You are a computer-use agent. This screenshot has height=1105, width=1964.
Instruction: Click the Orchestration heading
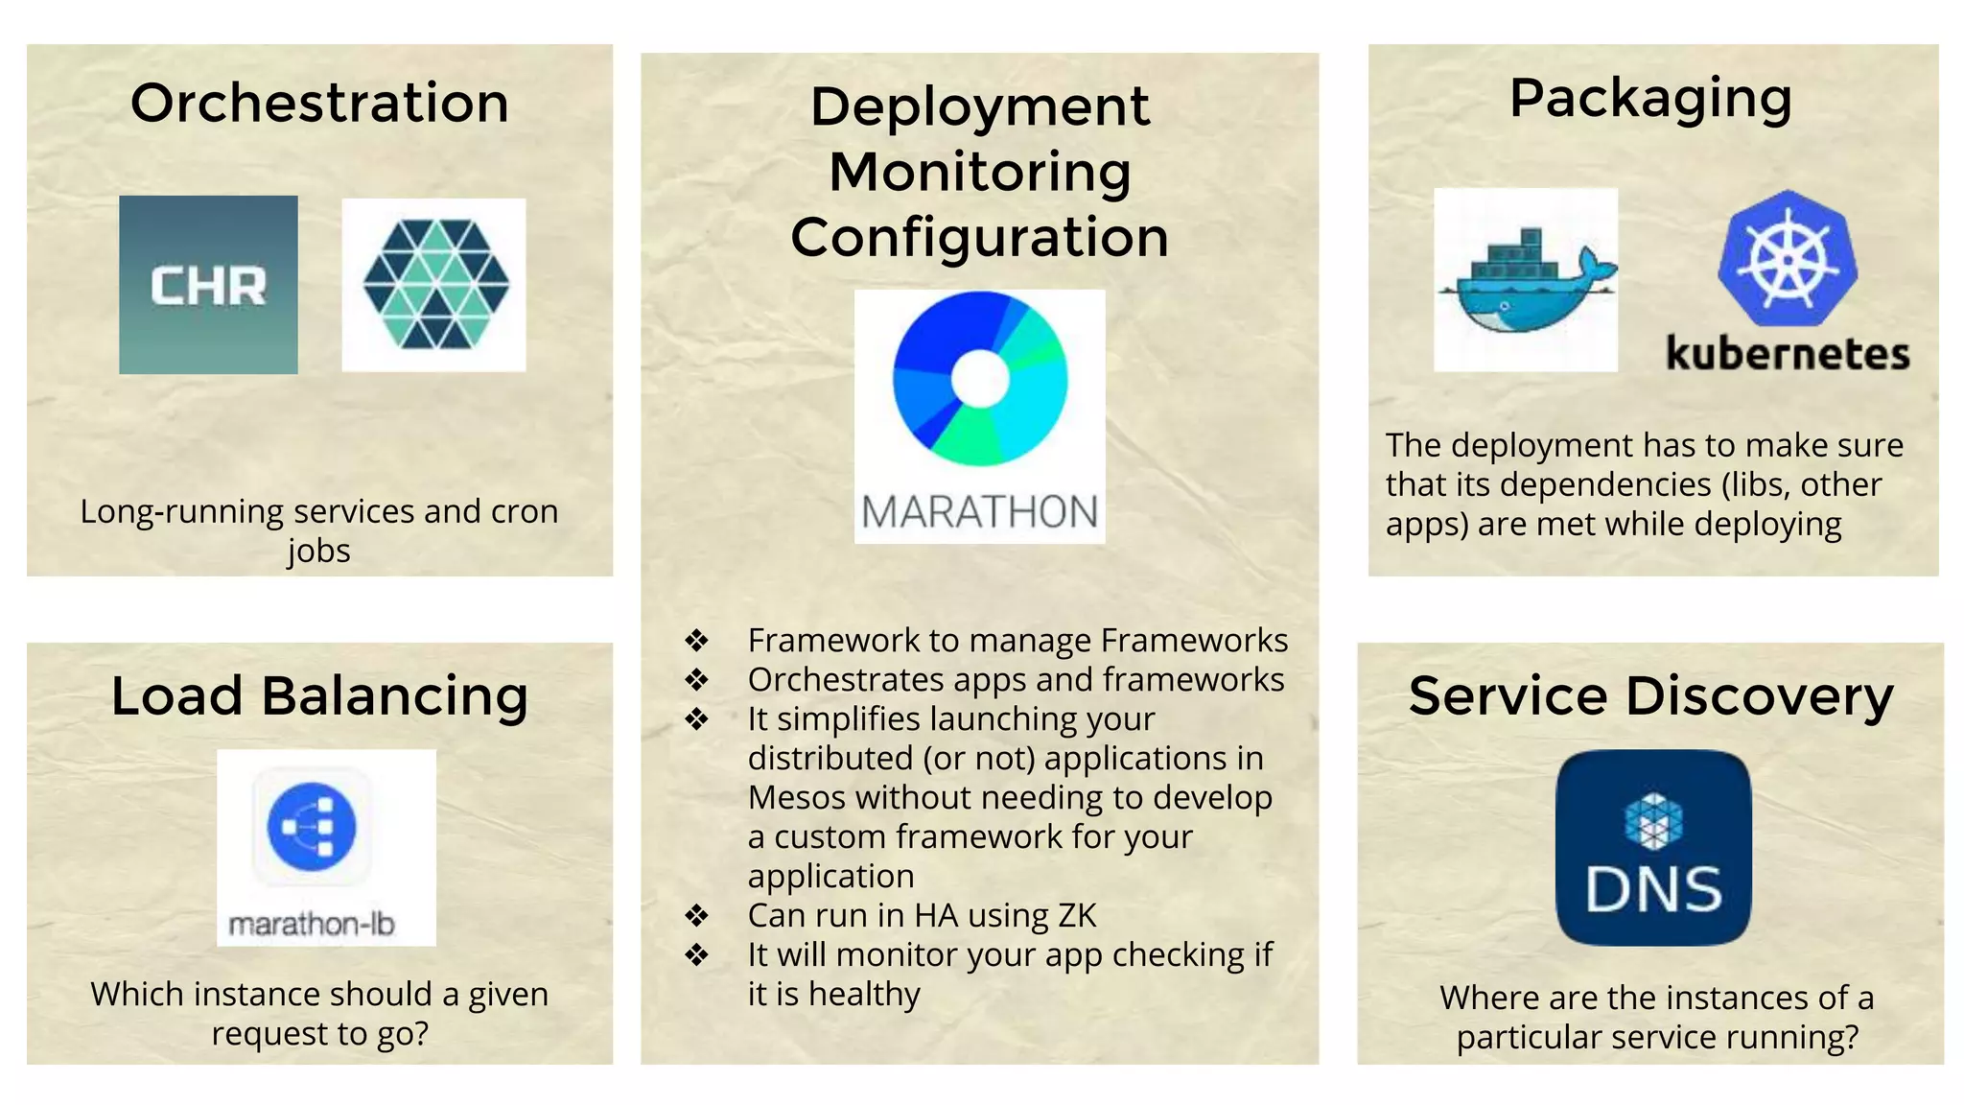click(319, 104)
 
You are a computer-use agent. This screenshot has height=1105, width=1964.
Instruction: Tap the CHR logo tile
click(208, 285)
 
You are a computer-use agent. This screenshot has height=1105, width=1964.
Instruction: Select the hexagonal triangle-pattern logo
click(435, 285)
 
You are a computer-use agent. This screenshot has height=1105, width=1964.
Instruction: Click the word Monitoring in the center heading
click(979, 173)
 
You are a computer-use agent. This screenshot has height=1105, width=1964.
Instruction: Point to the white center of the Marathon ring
click(979, 378)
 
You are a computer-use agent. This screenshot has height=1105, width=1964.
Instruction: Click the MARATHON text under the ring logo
click(979, 512)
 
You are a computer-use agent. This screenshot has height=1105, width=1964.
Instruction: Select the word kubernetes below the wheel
click(1787, 354)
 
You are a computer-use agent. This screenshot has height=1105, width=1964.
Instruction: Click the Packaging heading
click(1650, 99)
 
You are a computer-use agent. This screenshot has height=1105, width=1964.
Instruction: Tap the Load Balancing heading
click(319, 696)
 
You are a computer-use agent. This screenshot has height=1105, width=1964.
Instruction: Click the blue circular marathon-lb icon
click(312, 826)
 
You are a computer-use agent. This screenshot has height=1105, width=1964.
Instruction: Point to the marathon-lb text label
click(312, 925)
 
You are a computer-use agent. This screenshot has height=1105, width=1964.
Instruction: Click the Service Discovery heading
click(1650, 696)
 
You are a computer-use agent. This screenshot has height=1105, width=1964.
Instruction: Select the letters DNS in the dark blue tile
click(1653, 890)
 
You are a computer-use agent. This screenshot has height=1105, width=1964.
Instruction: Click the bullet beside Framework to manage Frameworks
click(696, 640)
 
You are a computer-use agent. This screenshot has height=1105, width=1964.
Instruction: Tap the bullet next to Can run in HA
click(696, 915)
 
